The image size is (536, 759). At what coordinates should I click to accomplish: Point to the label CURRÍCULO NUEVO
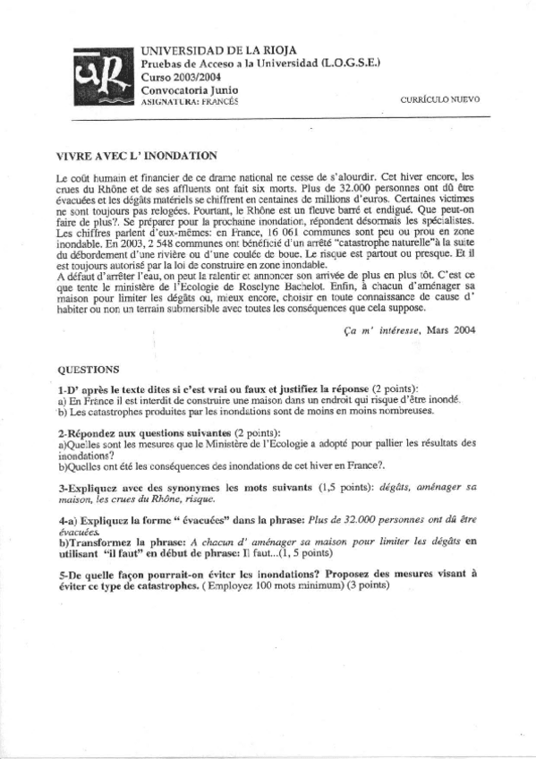[441, 99]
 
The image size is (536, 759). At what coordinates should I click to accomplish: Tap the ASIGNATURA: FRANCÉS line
[192, 102]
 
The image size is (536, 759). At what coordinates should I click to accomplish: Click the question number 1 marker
[61, 391]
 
